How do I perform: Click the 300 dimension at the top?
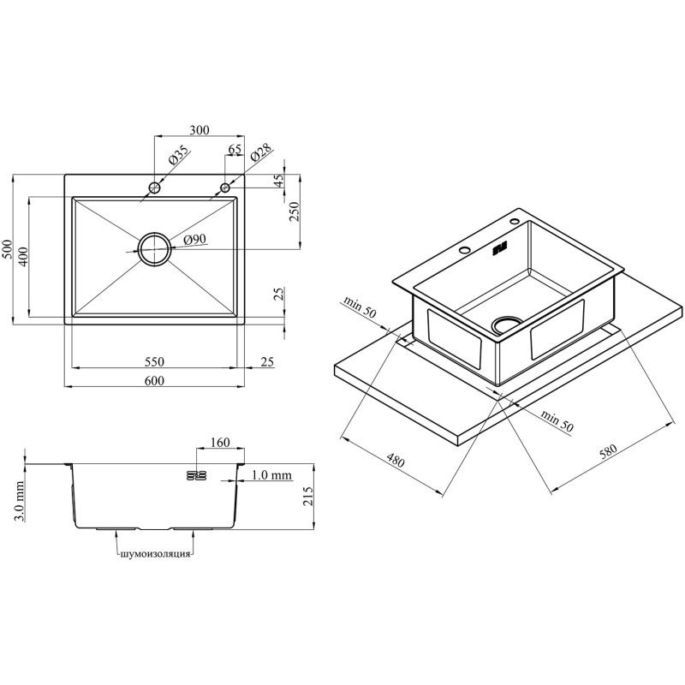click(x=200, y=130)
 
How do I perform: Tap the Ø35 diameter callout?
click(x=178, y=155)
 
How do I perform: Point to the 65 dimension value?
click(x=235, y=149)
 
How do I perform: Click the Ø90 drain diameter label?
click(x=195, y=239)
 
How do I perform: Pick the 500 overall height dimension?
click(x=7, y=249)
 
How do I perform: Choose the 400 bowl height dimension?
click(x=23, y=256)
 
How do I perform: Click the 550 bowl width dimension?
click(x=154, y=361)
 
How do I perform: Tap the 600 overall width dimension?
click(x=154, y=380)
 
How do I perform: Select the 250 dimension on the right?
click(x=295, y=211)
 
